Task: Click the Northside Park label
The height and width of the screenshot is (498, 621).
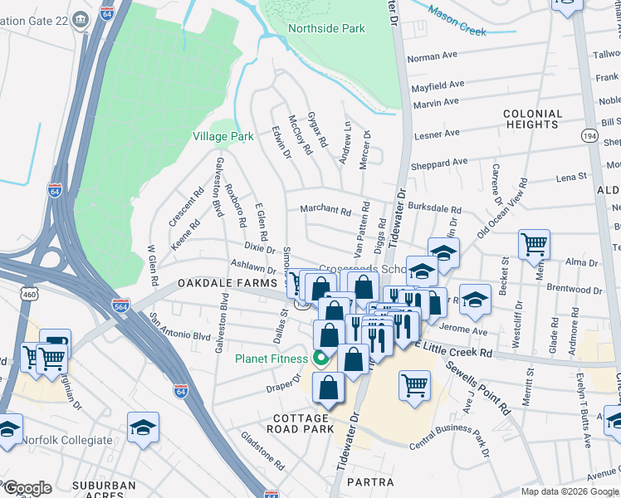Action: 326,29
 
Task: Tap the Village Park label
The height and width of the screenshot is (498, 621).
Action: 222,136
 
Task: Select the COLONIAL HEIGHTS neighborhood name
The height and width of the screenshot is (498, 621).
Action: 532,119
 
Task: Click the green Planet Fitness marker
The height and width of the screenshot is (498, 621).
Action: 320,359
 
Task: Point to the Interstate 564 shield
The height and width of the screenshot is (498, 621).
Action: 120,304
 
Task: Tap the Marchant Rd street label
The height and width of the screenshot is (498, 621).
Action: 325,211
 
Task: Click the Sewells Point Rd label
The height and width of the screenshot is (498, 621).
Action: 477,386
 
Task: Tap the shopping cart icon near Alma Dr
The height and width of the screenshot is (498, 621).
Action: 535,244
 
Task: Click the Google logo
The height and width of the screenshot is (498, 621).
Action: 27,488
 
